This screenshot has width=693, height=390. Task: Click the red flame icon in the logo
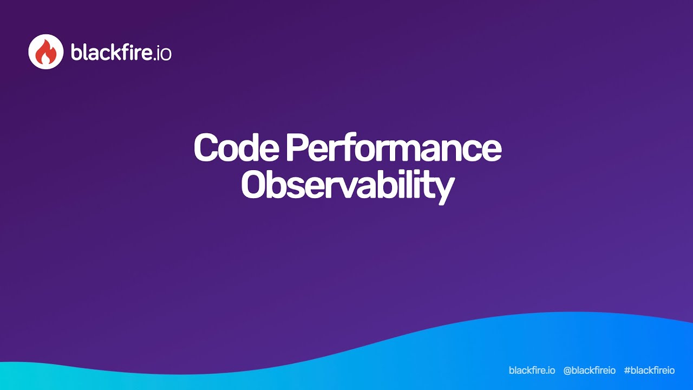pos(46,52)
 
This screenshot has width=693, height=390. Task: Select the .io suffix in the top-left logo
pos(160,53)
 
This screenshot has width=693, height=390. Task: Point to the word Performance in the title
pos(394,147)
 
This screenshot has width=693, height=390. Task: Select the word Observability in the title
pos(346,185)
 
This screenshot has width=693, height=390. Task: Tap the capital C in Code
pos(206,147)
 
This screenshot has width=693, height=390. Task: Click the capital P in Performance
pos(297,147)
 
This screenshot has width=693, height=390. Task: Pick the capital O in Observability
pos(254,185)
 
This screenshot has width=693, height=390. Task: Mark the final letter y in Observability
pos(443,188)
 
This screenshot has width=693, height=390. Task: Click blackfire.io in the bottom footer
pos(532,370)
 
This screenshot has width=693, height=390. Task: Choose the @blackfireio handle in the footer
pos(589,370)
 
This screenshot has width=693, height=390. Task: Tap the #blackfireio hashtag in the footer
pos(649,370)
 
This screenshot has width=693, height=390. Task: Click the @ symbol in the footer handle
pos(568,370)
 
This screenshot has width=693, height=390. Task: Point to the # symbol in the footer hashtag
pos(627,370)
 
